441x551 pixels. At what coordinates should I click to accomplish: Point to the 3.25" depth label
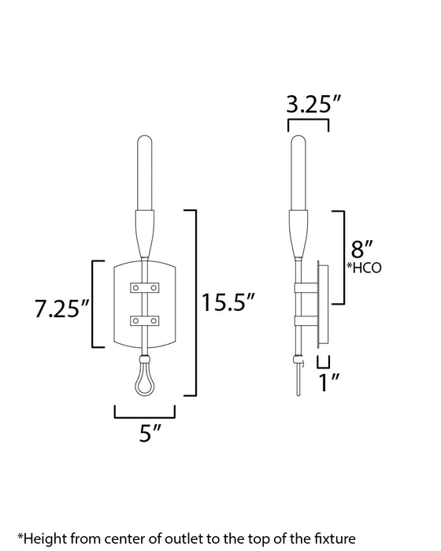(308, 103)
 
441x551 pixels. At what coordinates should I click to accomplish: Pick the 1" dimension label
(328, 384)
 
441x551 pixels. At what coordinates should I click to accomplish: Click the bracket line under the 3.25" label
(308, 123)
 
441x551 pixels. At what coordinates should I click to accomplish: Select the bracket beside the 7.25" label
(95, 304)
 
